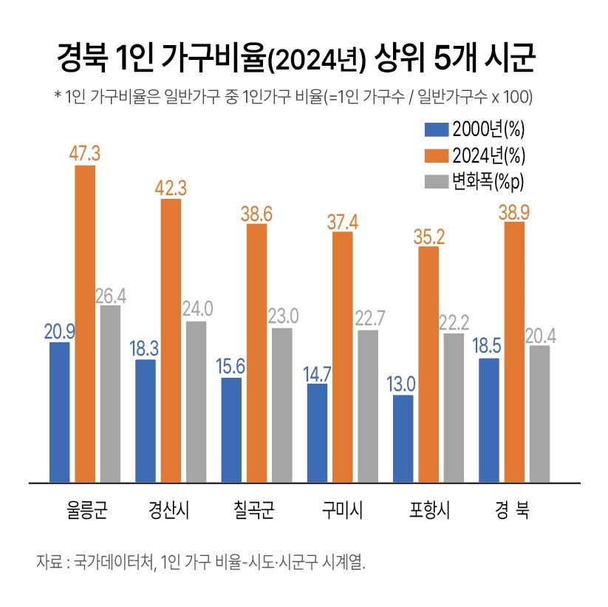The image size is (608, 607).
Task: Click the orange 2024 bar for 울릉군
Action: [85, 323]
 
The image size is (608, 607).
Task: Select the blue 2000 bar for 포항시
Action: [403, 438]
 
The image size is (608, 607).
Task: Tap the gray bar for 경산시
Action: [197, 401]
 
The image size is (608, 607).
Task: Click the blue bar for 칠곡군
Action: [231, 429]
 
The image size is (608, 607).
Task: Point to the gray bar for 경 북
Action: [540, 413]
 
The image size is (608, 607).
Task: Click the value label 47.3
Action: [85, 154]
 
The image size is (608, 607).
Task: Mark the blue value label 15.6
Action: [231, 366]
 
